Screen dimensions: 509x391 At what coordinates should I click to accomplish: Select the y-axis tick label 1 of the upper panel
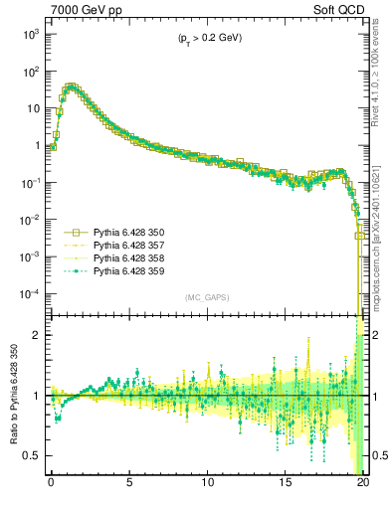pos(37,146)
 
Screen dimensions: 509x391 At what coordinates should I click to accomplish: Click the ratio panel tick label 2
pos(37,335)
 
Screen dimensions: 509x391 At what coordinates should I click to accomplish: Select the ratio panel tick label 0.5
pos(32,455)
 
